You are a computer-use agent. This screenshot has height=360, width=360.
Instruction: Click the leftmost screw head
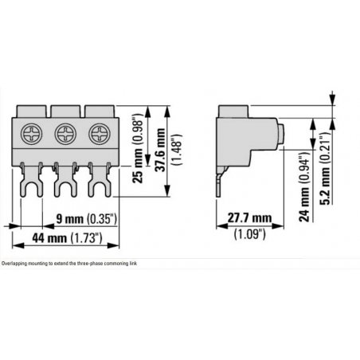(32, 134)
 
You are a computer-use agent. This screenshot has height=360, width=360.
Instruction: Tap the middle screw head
(65, 134)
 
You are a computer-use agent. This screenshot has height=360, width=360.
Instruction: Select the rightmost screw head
(100, 134)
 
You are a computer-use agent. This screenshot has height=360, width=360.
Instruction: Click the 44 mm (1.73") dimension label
(67, 238)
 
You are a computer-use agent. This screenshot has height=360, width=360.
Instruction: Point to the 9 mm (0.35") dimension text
(87, 219)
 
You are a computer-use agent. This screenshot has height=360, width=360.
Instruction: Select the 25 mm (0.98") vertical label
(138, 148)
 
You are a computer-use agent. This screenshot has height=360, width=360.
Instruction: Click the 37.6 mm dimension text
(160, 150)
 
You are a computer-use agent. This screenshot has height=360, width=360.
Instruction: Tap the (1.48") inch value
(177, 150)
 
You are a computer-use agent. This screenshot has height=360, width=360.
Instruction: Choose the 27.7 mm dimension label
(249, 218)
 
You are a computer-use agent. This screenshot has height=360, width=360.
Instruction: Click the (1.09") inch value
(249, 234)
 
